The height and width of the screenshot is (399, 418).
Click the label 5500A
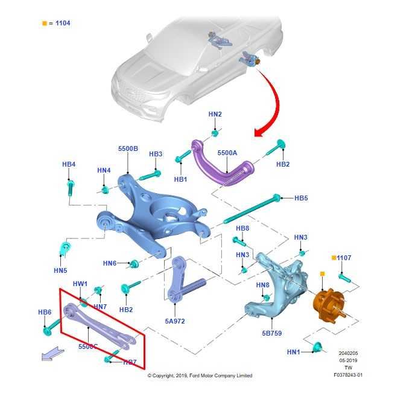coord(227,153)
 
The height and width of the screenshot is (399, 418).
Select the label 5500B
coord(128,148)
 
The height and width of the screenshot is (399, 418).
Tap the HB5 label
coord(301,198)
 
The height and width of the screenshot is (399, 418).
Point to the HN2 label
coord(215,114)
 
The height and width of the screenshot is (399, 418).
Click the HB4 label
coord(69,164)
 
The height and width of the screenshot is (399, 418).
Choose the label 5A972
coord(175,321)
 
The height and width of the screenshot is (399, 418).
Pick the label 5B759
coord(271,333)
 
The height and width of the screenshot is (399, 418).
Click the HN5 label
coord(60,270)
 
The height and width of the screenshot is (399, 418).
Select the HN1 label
coord(294,352)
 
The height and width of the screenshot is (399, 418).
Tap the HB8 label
coord(242,228)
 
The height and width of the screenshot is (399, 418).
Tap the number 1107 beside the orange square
coord(344,258)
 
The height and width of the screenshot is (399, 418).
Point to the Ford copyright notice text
coord(200,375)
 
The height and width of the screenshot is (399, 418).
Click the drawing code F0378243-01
coord(348,375)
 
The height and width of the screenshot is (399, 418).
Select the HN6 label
coord(109,263)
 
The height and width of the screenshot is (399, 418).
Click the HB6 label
coord(45,312)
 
